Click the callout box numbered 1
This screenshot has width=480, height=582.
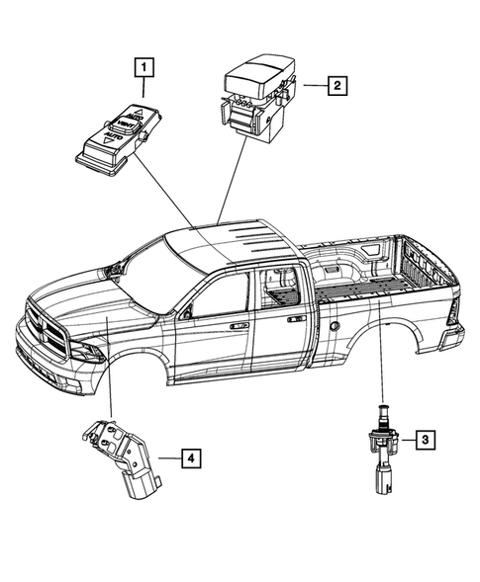tap(145, 69)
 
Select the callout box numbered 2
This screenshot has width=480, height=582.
tap(337, 87)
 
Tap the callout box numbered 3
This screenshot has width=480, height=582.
tap(423, 438)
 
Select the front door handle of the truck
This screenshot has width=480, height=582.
tap(239, 323)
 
